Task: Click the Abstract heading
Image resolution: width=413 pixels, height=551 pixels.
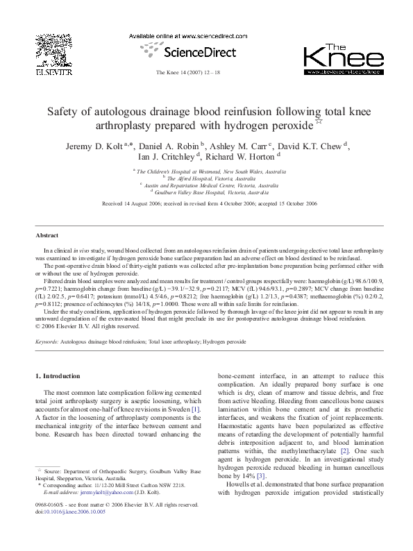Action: click(x=47, y=236)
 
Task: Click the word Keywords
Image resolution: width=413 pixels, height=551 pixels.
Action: click(x=47, y=343)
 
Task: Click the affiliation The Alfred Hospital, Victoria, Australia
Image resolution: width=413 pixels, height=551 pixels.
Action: click(x=208, y=178)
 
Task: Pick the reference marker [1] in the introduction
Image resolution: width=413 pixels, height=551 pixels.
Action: click(x=196, y=409)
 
